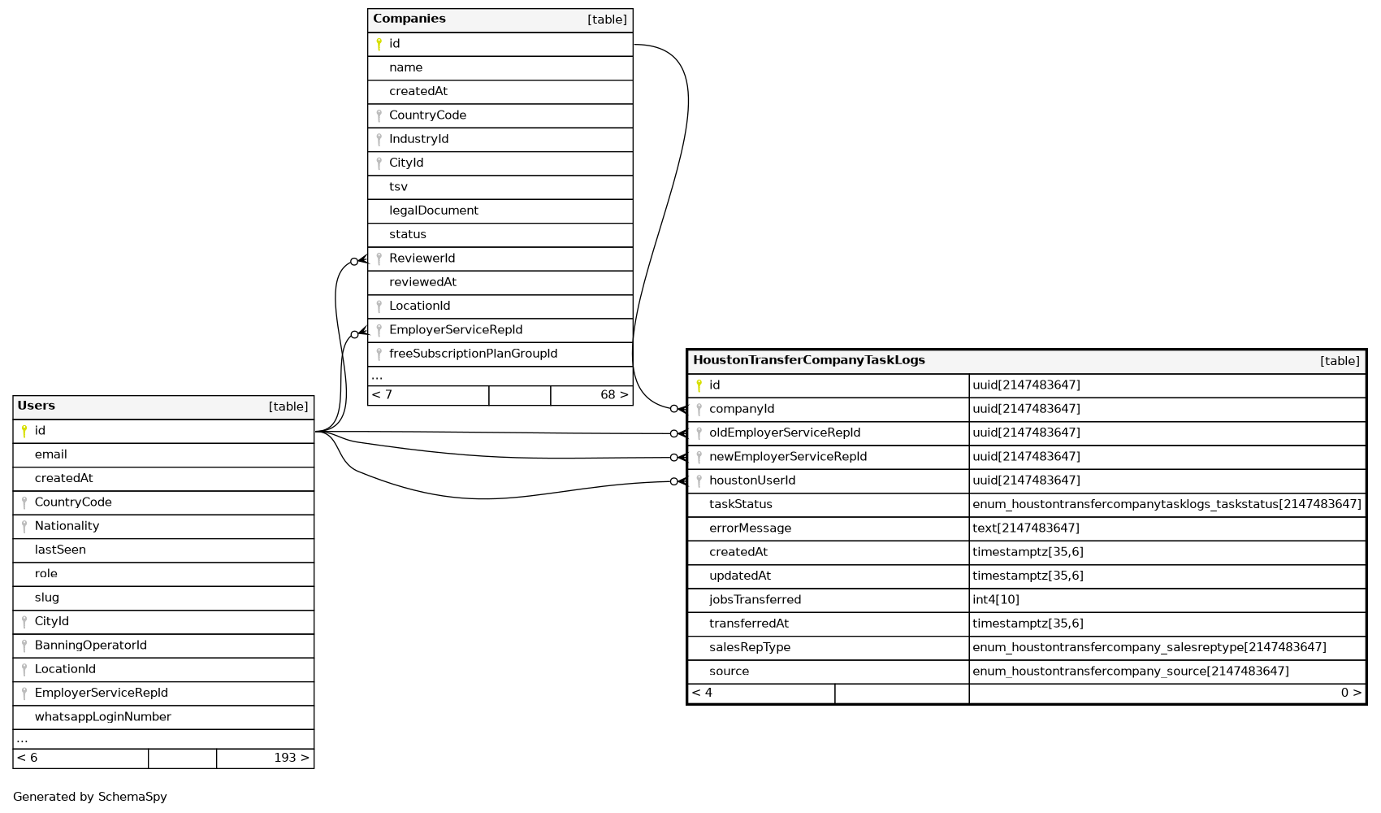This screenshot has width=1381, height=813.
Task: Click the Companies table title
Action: click(x=409, y=19)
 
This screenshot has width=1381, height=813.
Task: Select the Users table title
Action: click(x=37, y=406)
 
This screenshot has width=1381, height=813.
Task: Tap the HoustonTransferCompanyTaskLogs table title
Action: click(x=808, y=360)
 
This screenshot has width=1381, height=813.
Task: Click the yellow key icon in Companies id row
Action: click(x=379, y=44)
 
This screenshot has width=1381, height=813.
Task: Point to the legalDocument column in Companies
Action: click(x=433, y=211)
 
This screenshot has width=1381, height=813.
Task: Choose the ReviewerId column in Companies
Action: click(x=422, y=259)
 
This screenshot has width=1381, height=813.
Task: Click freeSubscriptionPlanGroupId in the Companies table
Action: click(x=473, y=354)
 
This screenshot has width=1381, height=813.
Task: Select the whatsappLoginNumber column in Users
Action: click(x=102, y=717)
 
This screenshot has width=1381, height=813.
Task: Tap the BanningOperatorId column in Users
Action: click(x=90, y=646)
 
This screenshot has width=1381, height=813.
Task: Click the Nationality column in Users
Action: click(x=67, y=526)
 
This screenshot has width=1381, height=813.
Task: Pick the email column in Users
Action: click(x=50, y=454)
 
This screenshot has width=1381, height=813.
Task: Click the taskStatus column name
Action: click(x=740, y=504)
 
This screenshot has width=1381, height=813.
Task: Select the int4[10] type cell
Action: click(x=995, y=600)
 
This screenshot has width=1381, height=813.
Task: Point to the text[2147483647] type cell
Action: click(x=1025, y=528)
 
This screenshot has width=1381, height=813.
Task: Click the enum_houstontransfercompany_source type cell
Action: click(x=1130, y=672)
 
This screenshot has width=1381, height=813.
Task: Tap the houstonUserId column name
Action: click(x=751, y=480)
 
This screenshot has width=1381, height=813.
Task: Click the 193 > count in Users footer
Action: click(x=291, y=758)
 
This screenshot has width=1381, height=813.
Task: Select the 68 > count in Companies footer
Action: click(x=613, y=395)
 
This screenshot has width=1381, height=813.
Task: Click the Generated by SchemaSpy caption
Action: click(x=89, y=797)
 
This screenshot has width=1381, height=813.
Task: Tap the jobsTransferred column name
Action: click(x=755, y=600)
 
